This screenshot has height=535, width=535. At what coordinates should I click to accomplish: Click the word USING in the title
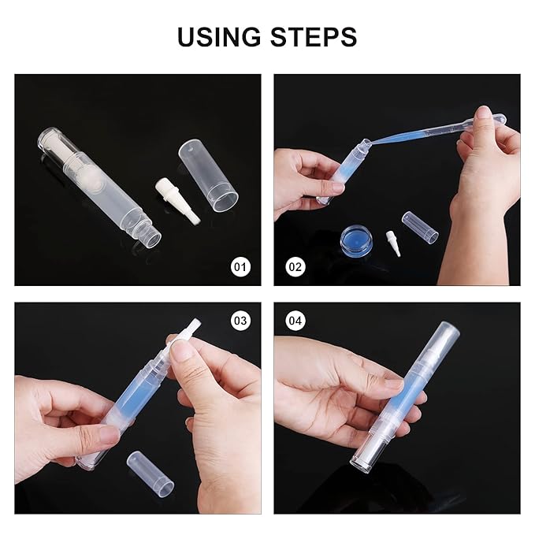(222, 36)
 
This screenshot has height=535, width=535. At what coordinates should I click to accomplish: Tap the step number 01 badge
(240, 267)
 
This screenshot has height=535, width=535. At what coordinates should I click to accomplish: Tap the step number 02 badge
(295, 267)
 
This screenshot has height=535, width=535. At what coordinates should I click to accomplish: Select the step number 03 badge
(240, 321)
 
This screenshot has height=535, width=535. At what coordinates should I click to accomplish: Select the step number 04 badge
(295, 321)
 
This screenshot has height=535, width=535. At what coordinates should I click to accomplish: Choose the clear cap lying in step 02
(419, 226)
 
